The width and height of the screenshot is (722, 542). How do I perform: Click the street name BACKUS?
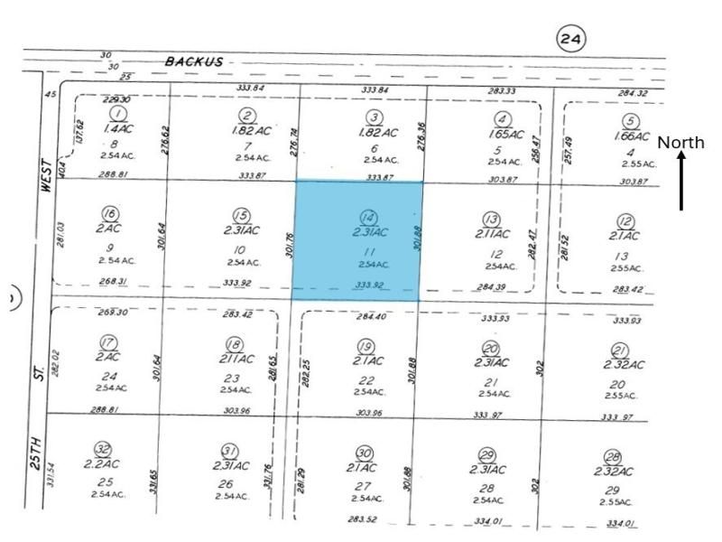(x=194, y=61)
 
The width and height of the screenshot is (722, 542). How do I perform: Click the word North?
(x=680, y=143)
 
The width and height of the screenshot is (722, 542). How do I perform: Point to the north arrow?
(x=681, y=180)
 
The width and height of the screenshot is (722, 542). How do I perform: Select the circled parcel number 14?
(x=367, y=218)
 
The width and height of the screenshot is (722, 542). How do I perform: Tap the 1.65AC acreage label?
(x=509, y=135)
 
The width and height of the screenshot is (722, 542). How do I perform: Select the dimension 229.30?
(x=117, y=99)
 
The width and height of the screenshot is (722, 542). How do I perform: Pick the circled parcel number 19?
(x=366, y=347)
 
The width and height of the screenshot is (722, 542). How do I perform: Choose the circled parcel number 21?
(x=619, y=350)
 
